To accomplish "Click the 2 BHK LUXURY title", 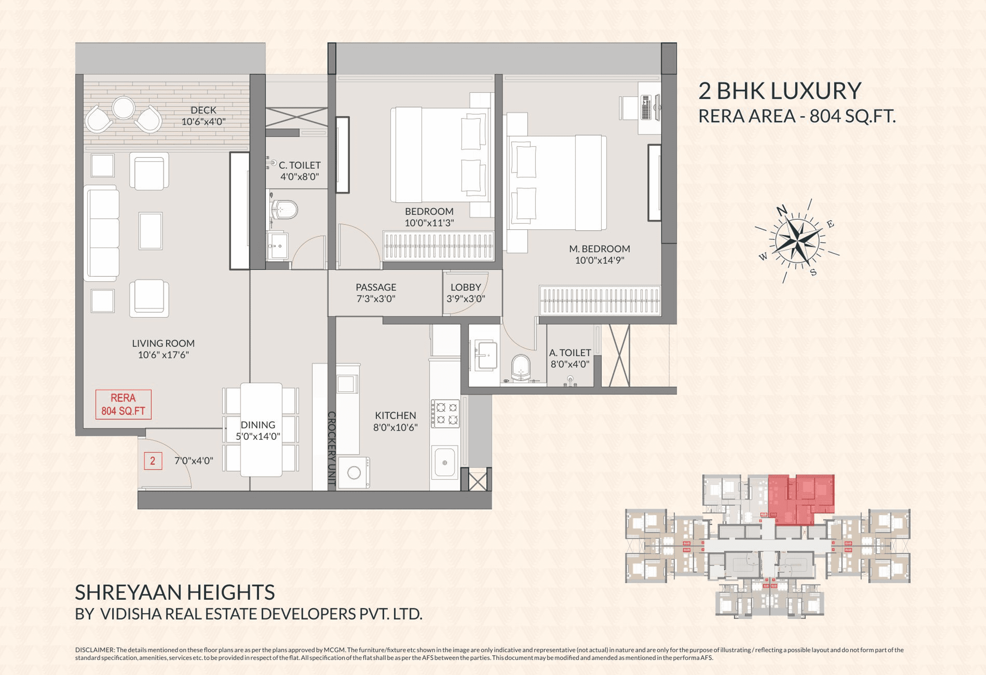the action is [x=780, y=91].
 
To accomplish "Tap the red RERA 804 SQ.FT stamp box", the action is [x=123, y=405].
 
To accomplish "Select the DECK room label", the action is [x=203, y=110].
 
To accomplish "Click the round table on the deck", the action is [x=124, y=108].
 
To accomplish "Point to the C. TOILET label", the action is [x=299, y=165].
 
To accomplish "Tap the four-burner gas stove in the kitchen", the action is [x=445, y=414].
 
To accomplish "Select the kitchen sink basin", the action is [x=445, y=462].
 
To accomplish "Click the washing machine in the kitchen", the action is [x=354, y=472].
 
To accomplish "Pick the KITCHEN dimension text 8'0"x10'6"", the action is [x=395, y=428].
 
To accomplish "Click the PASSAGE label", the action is [x=376, y=287].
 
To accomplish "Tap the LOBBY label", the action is [x=465, y=287].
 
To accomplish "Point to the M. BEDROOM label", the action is [x=599, y=249].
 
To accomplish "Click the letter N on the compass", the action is [x=782, y=210].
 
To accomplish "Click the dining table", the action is [x=261, y=429].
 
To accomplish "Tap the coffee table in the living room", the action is [x=151, y=231].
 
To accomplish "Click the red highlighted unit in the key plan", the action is [x=801, y=499].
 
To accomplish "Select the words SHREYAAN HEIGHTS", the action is [x=175, y=592].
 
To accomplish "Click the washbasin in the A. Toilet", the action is [x=484, y=354].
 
